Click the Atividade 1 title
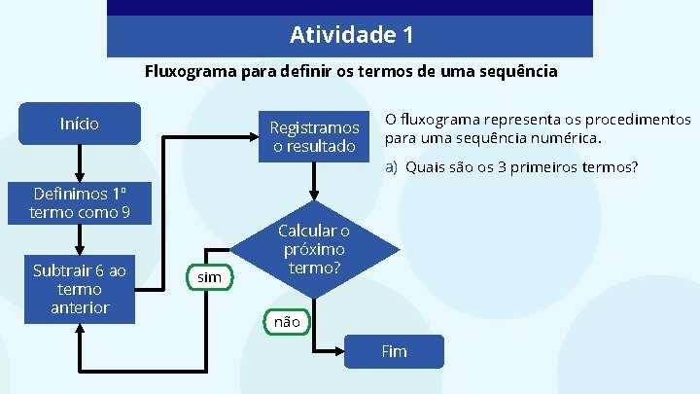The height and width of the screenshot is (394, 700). [351, 36]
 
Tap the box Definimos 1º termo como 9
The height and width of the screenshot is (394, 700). [80, 202]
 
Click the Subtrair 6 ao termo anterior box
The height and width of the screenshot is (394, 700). [80, 289]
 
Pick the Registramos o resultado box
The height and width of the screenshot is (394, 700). [314, 137]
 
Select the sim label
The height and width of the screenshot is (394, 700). [209, 278]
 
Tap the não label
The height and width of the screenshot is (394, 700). [287, 321]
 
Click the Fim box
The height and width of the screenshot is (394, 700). [394, 351]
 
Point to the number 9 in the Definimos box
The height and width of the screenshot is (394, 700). [125, 212]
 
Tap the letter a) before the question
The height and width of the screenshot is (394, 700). [392, 167]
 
